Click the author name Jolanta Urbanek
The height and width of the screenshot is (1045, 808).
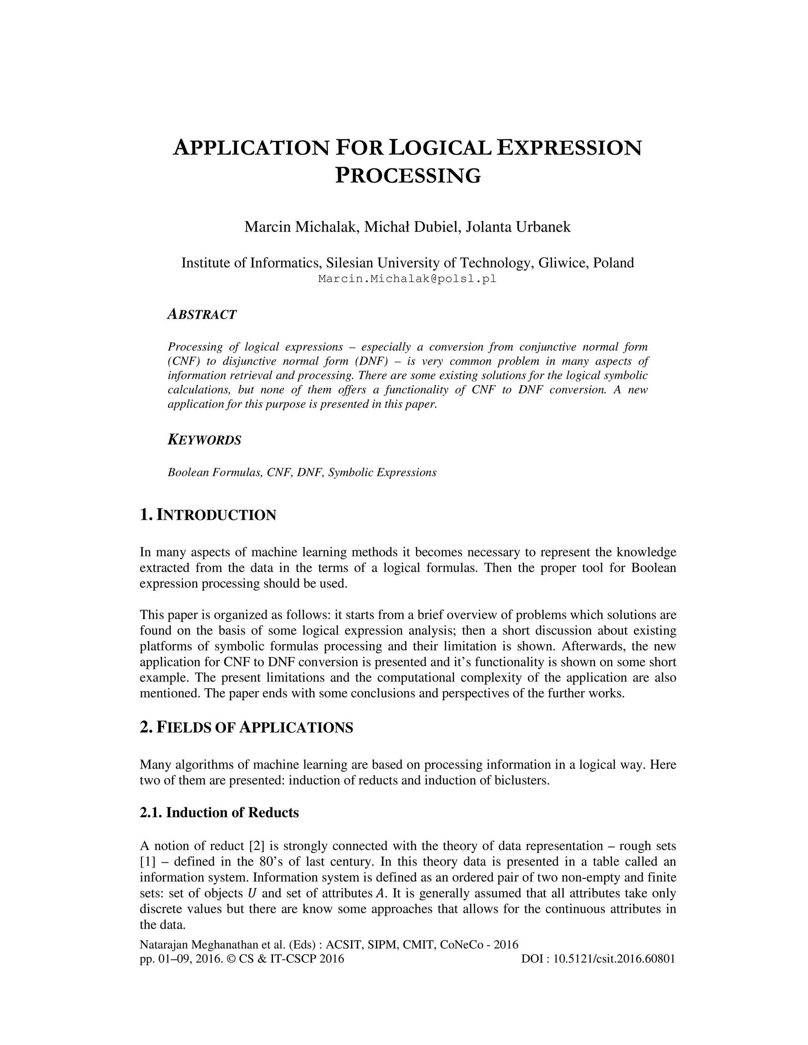(x=518, y=226)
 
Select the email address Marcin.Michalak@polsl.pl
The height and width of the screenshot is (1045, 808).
(x=407, y=279)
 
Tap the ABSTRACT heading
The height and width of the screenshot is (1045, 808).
(x=202, y=314)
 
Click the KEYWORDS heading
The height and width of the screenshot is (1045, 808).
(x=204, y=440)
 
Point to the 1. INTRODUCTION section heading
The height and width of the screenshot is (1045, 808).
(x=208, y=515)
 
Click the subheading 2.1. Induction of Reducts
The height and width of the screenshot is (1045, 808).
(x=219, y=812)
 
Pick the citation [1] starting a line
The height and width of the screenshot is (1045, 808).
(x=146, y=862)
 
